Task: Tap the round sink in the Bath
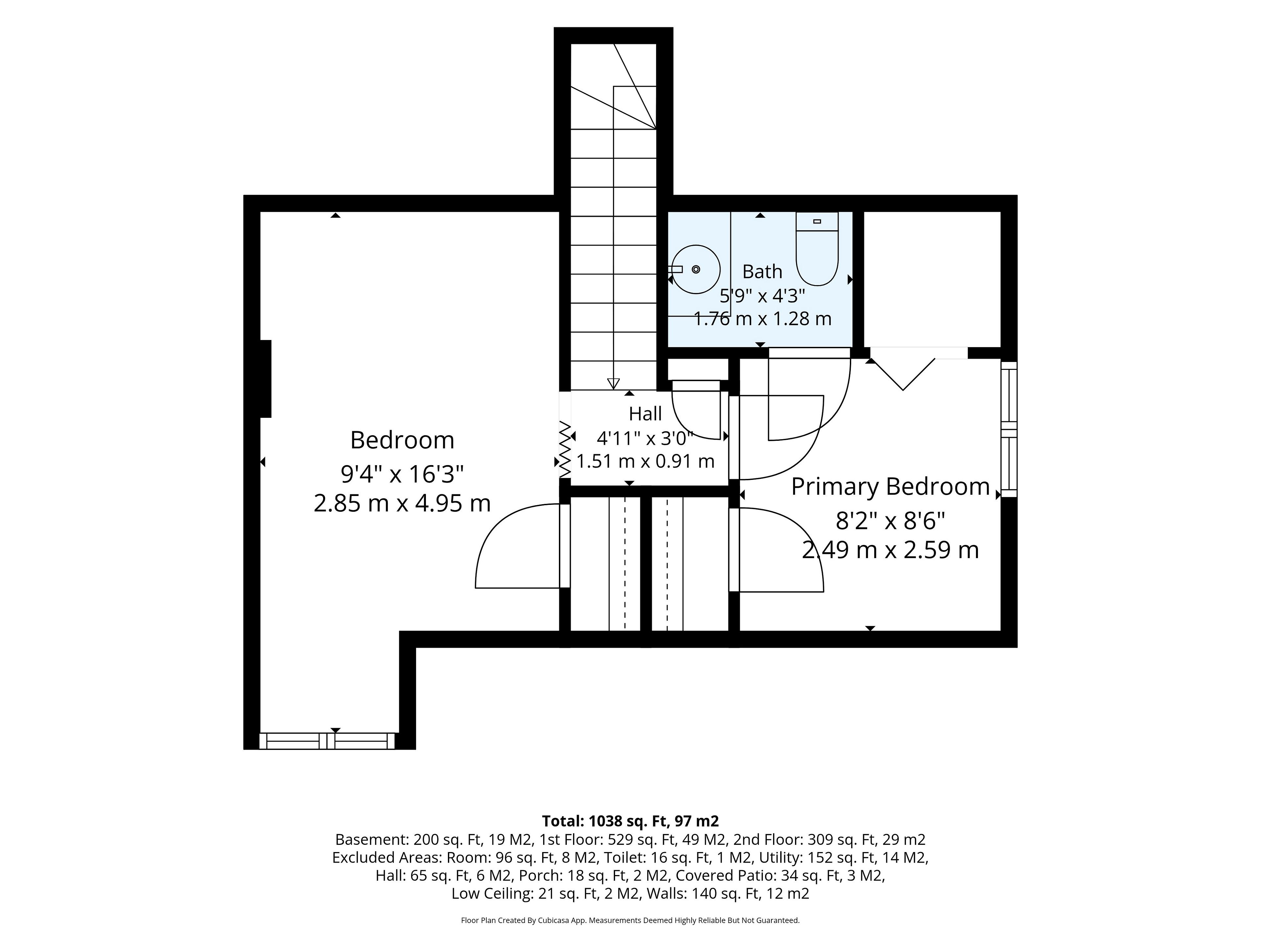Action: coord(696,269)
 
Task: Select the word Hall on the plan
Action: coord(645,414)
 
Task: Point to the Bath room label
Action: coord(762,272)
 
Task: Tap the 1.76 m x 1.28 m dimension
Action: coord(762,318)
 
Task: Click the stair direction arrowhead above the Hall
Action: coord(613,384)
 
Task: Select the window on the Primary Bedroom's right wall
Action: coord(1009,429)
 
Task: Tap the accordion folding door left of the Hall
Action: coord(565,449)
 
